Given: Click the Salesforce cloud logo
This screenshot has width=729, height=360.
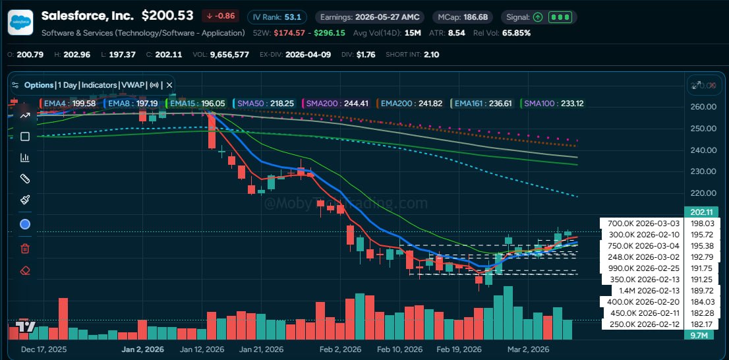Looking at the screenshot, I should point(20,22).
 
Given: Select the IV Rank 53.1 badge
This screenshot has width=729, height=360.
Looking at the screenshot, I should point(274,16).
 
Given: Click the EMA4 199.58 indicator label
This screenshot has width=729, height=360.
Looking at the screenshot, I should point(67,104).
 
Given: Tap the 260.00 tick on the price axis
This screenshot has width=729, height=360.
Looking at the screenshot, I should point(703,107).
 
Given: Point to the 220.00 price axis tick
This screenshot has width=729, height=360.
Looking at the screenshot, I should point(703,193).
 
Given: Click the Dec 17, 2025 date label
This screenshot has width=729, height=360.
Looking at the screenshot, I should point(44,349).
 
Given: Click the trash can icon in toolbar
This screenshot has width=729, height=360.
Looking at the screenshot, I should point(25,249).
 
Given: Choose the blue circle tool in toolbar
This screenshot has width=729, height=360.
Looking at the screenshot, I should point(25,224).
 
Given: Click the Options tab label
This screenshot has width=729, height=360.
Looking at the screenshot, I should point(38,85).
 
